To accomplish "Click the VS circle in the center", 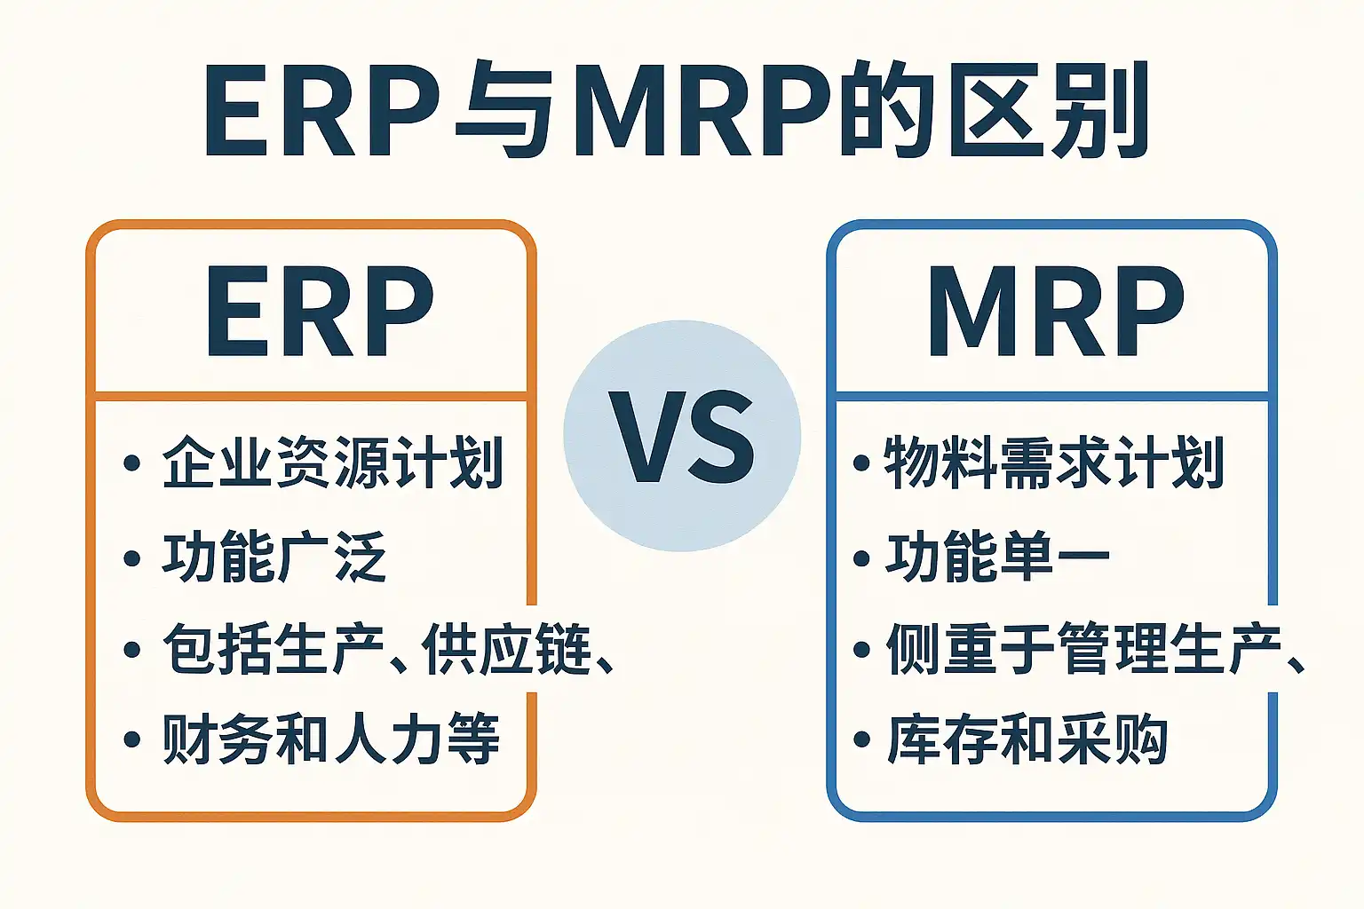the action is click(x=682, y=436).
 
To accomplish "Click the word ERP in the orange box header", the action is click(x=321, y=312).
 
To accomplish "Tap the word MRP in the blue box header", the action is click(x=1056, y=312).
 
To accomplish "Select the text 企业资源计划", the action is click(x=333, y=462).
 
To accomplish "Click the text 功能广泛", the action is click(x=274, y=557).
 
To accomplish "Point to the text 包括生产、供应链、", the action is click(x=388, y=649).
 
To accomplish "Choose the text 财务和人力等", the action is click(x=331, y=739).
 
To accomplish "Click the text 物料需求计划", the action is click(x=1054, y=462).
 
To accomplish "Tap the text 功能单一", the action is click(x=997, y=557).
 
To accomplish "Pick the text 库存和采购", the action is click(x=1027, y=739).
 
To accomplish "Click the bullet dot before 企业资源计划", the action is click(x=132, y=462).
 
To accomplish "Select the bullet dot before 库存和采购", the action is click(x=861, y=739).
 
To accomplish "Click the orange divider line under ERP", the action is click(x=311, y=396).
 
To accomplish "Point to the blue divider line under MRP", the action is click(x=1051, y=396).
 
